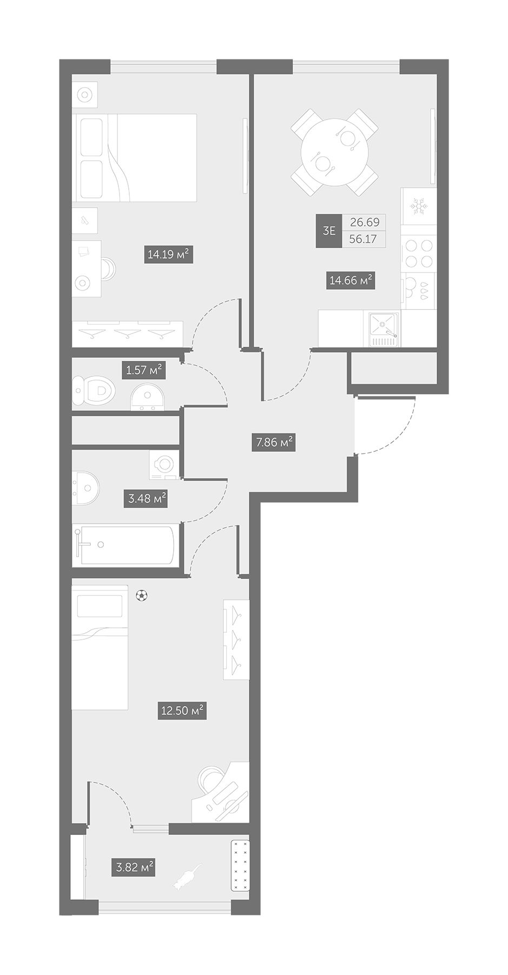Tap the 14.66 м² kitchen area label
tap(351, 281)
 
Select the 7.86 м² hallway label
tap(274, 443)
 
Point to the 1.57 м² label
tap(144, 370)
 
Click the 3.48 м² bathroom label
tap(147, 499)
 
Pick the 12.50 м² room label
tap(182, 710)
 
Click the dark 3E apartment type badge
tap(329, 231)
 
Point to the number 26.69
tap(364, 222)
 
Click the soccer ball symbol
tap(142, 595)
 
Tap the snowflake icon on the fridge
tap(418, 205)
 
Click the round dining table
tap(335, 152)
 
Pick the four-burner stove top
tap(419, 253)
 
